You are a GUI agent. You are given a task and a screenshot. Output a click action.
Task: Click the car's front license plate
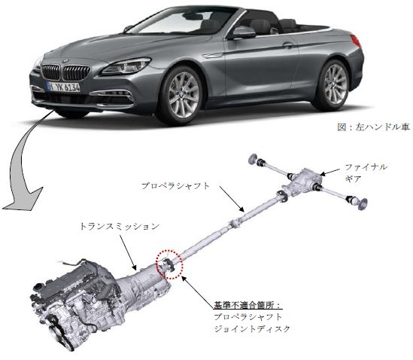click(x=62, y=87)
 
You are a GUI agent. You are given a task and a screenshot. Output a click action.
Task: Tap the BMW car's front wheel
click(x=182, y=95)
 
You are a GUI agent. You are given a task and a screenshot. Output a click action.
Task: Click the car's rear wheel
click(x=334, y=84)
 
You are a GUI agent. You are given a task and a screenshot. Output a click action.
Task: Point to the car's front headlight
click(x=126, y=66)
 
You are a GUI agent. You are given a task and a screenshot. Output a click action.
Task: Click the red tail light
click(x=356, y=41)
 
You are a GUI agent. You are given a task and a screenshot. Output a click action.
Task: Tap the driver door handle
click(x=288, y=45)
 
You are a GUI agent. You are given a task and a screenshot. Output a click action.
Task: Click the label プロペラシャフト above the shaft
click(x=175, y=186)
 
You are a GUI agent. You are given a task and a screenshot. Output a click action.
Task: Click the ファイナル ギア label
click(x=366, y=172)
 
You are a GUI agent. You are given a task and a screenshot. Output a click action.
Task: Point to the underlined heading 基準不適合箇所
click(x=247, y=305)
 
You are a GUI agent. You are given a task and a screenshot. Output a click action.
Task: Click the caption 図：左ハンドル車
click(x=373, y=127)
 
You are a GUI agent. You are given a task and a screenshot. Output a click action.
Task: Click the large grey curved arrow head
click(x=24, y=198)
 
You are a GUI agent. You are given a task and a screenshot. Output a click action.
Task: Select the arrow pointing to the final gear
click(x=330, y=172)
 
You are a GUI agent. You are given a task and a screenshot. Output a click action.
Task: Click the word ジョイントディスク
click(x=252, y=329)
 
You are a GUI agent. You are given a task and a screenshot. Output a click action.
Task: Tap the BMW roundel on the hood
click(x=65, y=61)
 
